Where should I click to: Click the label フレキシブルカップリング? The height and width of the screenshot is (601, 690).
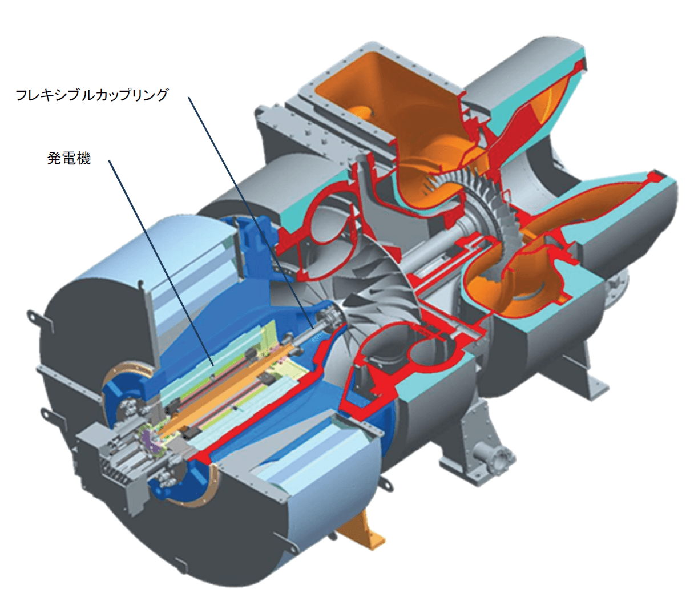point(92,95)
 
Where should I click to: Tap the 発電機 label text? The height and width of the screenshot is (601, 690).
point(68,159)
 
